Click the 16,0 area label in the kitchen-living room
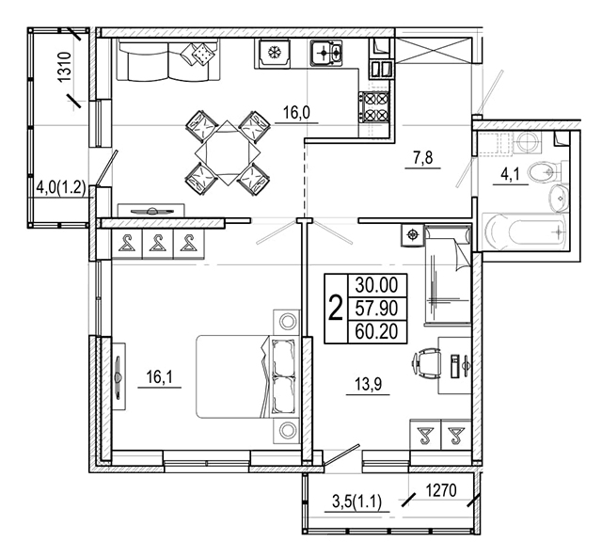coord(296,113)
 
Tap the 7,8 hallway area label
coord(423,158)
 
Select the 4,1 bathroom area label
coord(510,175)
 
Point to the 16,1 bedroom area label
coord(159,377)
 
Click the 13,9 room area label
coord(368,384)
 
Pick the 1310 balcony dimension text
coord(65,66)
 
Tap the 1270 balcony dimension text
coord(441,490)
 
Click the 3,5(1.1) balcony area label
coord(356,502)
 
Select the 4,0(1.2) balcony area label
coord(60,188)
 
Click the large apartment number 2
coord(336,308)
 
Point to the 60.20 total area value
coord(376,331)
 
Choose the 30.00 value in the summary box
coord(376,285)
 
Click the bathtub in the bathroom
coord(525,232)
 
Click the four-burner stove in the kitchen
coord(374,107)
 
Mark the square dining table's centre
coord(228,152)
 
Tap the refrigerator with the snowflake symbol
coord(273,53)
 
